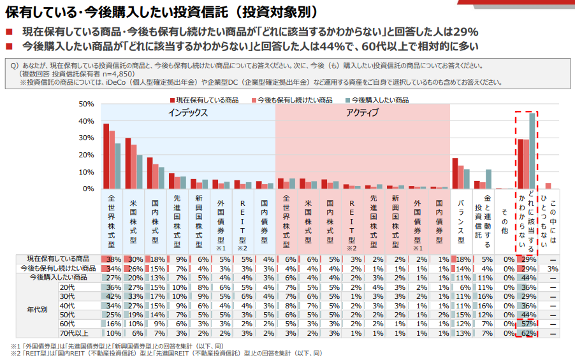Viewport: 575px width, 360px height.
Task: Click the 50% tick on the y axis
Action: tap(86, 104)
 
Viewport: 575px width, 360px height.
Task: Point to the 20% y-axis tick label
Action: tap(86, 155)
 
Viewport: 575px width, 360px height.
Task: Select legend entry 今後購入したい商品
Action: tap(380, 100)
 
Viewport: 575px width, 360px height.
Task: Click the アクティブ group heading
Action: tap(362, 112)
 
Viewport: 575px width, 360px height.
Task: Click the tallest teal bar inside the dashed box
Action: tap(532, 150)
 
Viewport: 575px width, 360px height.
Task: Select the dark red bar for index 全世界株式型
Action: tap(106, 156)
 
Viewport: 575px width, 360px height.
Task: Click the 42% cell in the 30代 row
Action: tap(114, 296)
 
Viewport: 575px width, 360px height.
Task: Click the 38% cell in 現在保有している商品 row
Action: tap(114, 259)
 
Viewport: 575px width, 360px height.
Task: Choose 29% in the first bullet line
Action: tap(466, 31)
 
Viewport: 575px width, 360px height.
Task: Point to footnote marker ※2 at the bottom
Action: tap(16, 354)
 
